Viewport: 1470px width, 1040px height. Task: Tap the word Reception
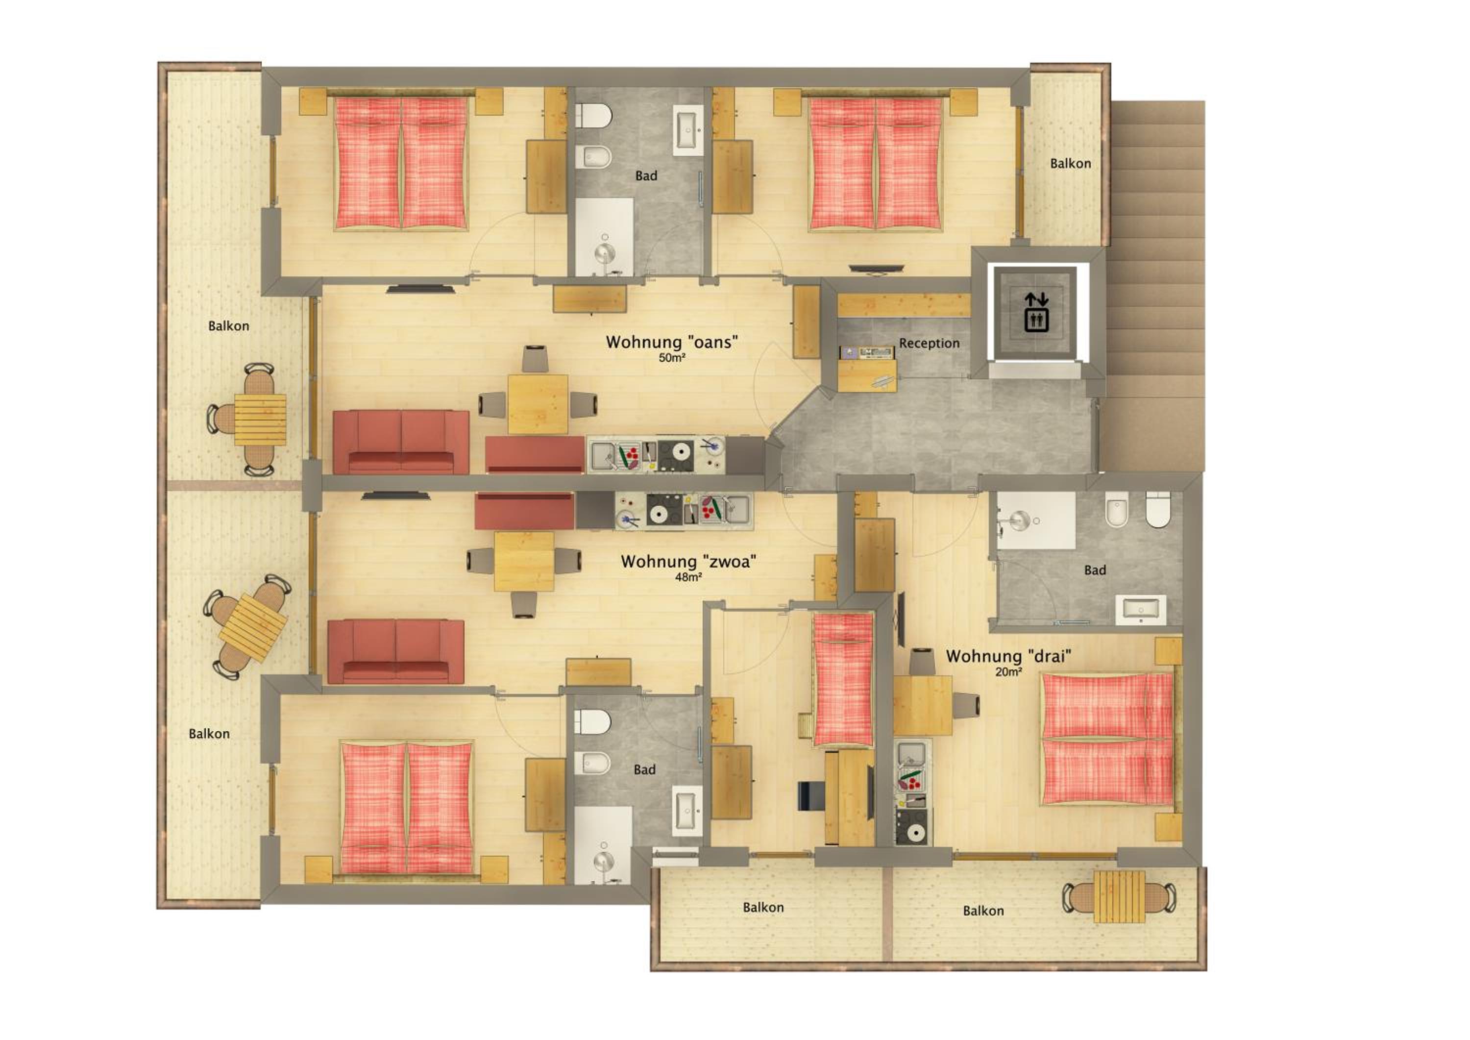(x=929, y=343)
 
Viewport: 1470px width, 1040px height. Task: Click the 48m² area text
(x=688, y=577)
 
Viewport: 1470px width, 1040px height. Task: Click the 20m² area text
(x=1008, y=672)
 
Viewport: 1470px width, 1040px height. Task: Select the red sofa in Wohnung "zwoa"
(x=395, y=651)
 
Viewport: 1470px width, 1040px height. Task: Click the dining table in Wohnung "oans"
(x=538, y=405)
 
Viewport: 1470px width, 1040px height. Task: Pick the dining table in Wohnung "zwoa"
(x=524, y=562)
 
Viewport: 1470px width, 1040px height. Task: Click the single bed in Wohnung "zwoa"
(x=843, y=679)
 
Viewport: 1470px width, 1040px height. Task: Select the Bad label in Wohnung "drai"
(x=1095, y=570)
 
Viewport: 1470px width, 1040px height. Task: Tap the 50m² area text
(x=672, y=358)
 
